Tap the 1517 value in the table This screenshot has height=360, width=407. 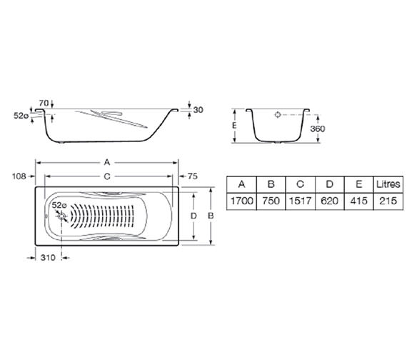pyautogui.click(x=298, y=201)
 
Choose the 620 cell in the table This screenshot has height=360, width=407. pyautogui.click(x=328, y=201)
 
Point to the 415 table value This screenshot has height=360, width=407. pyautogui.click(x=358, y=201)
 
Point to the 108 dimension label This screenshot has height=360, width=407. pyautogui.click(x=19, y=176)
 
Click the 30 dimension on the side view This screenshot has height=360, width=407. pyautogui.click(x=199, y=109)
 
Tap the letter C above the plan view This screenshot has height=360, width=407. pyautogui.click(x=106, y=176)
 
